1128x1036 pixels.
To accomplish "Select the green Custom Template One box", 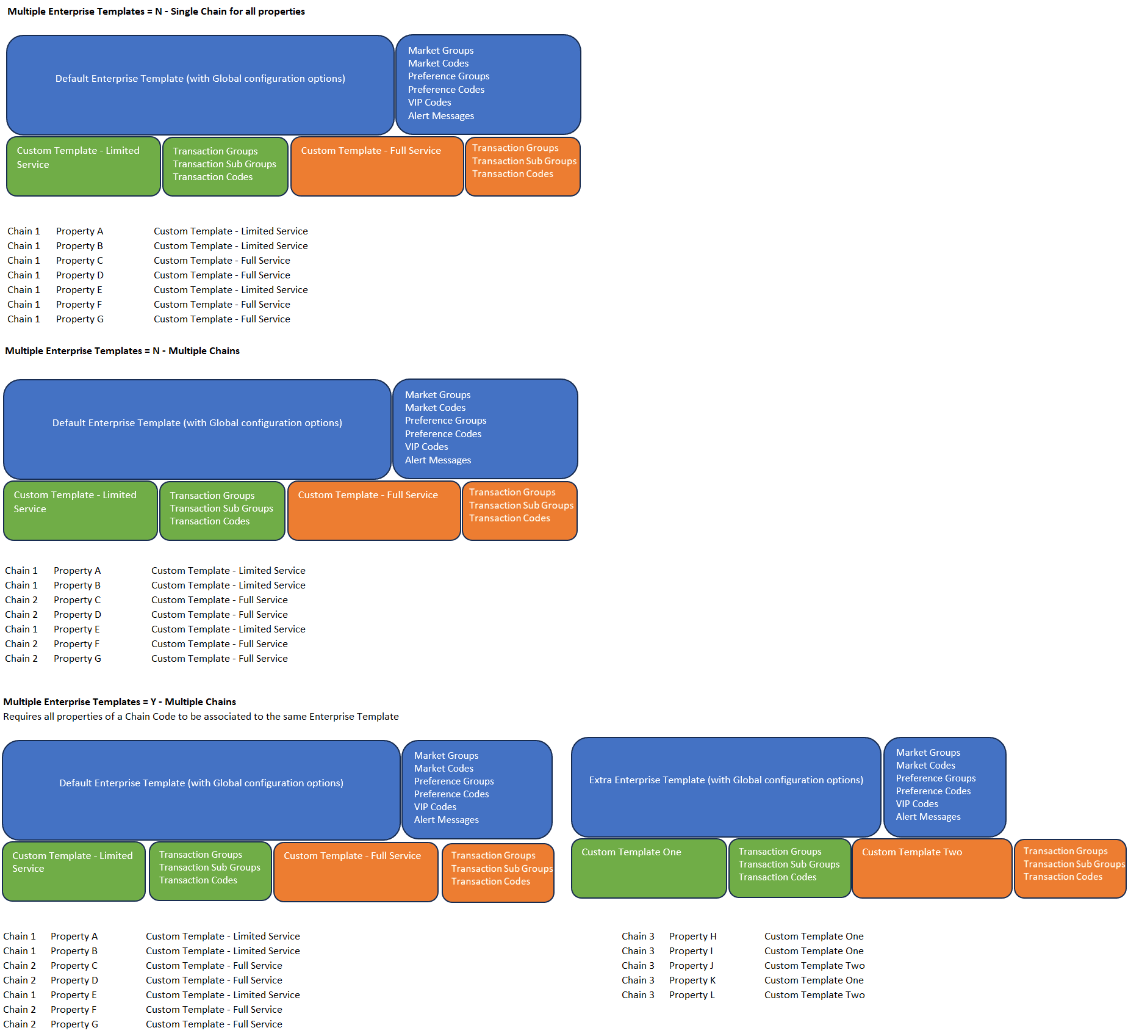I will (648, 868).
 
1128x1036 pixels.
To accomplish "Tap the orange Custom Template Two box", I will (931, 868).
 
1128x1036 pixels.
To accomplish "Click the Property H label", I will (692, 936).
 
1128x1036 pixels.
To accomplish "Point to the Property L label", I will (692, 995).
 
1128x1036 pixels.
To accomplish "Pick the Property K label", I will (692, 980).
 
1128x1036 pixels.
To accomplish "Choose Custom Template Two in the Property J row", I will (814, 966).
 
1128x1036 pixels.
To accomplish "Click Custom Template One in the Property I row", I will (814, 951).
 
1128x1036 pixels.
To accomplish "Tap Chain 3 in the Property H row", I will (638, 936).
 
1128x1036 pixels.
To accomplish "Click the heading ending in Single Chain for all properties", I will (156, 12).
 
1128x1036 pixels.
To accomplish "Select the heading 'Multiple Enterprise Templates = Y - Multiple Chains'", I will (120, 702).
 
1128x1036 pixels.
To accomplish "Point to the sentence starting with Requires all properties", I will (201, 717).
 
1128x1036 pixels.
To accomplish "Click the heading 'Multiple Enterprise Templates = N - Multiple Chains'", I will (122, 351).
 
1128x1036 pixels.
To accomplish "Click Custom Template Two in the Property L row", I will (814, 995).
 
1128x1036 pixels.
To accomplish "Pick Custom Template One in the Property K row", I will (814, 980).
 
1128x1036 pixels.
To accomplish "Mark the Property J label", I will (691, 966).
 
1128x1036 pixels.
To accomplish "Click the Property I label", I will (691, 951).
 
